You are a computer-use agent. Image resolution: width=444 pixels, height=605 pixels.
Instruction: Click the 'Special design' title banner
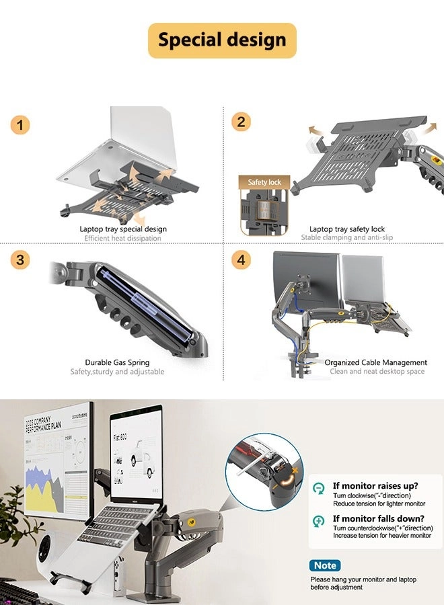[222, 40]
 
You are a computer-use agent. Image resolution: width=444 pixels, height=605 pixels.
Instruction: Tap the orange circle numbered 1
[20, 125]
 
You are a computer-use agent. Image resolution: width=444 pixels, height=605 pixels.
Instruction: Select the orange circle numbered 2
[241, 122]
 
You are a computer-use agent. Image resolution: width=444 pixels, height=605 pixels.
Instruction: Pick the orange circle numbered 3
[20, 260]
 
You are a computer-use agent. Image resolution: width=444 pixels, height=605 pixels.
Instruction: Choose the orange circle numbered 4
[241, 260]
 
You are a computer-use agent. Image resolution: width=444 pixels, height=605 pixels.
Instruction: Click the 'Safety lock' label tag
[264, 182]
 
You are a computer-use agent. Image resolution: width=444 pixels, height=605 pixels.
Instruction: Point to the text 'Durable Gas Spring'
[117, 362]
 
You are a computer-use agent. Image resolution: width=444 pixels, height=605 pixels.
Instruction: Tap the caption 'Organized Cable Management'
[376, 362]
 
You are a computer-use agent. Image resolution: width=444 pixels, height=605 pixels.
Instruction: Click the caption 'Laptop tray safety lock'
[347, 229]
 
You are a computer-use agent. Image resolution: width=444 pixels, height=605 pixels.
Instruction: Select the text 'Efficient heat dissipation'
[122, 238]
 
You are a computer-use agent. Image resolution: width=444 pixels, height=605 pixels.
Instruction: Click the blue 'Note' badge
[325, 565]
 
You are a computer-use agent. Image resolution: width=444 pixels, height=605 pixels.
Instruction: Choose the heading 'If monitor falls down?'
[378, 518]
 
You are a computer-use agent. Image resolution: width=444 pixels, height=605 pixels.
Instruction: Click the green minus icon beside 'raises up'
[319, 489]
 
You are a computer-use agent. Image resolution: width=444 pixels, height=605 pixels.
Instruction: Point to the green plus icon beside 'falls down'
[319, 521]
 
